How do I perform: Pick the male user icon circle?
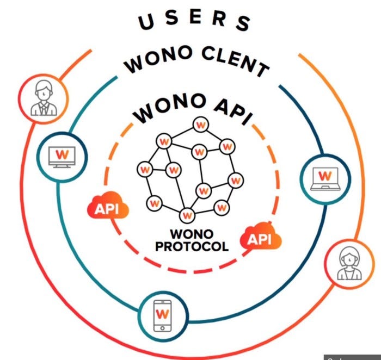coord(42,98)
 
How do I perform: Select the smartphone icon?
coord(162,315)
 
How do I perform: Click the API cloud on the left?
coord(107,207)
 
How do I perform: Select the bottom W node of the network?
coord(187,215)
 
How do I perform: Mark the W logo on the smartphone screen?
coord(162,314)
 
